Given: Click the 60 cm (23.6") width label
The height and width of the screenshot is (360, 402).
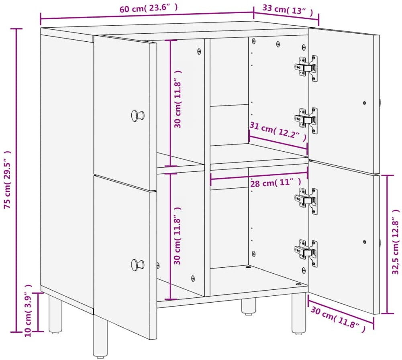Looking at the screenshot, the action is (149, 8).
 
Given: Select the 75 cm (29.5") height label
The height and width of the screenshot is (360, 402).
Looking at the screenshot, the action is (8, 179).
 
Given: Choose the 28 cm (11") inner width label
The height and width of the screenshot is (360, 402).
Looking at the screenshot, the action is (275, 183).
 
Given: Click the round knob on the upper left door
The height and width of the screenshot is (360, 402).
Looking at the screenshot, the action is (138, 116).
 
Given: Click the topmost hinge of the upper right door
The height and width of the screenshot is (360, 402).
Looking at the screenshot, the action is (306, 68).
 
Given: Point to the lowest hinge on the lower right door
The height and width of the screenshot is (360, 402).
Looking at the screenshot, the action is (306, 253).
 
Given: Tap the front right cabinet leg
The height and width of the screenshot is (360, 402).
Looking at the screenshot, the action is (299, 314).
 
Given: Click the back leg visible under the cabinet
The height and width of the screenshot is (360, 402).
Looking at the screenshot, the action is (249, 306).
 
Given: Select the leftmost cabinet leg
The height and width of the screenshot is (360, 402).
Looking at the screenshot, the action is (55, 315).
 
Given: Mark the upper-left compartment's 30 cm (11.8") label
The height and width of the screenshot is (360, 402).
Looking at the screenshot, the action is (178, 99).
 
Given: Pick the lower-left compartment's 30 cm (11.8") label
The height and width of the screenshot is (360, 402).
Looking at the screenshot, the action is (178, 236).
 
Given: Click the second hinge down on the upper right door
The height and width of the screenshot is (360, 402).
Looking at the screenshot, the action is (306, 120).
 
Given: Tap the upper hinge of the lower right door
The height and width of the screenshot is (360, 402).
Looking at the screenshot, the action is (306, 201).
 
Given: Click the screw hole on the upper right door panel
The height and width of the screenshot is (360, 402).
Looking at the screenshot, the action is (365, 103).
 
